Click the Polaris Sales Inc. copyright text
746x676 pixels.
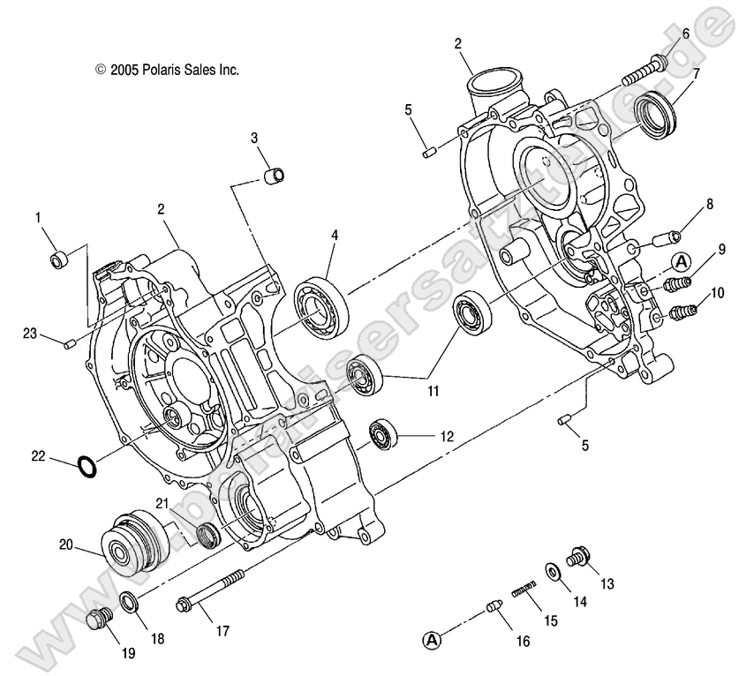167,69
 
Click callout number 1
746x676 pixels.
38,216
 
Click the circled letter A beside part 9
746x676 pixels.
682,261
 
